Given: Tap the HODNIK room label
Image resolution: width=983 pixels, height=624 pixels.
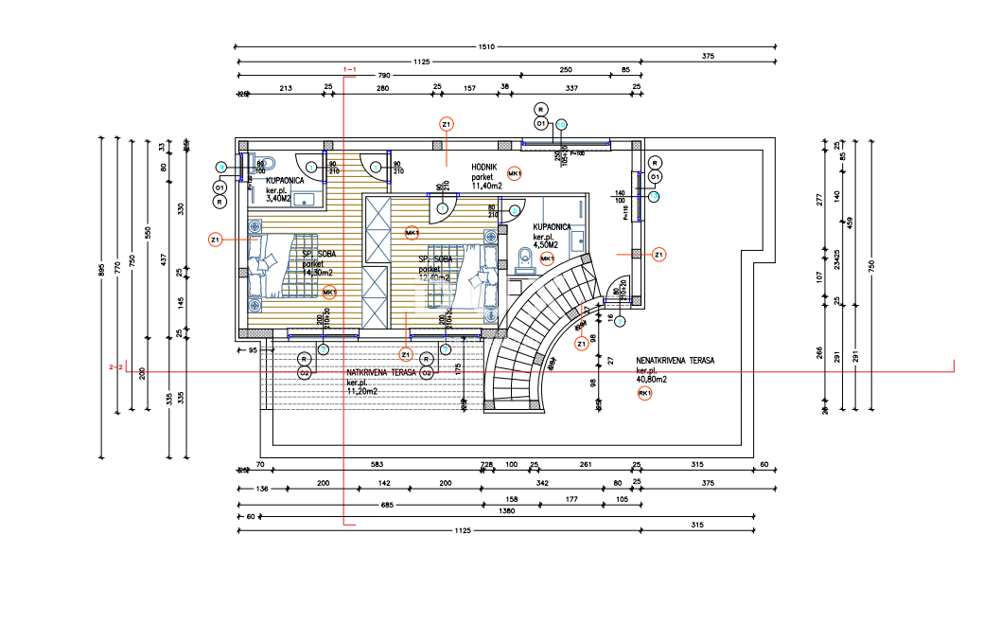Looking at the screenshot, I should [x=485, y=167].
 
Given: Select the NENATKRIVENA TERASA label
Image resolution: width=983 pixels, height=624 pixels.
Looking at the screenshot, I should [x=675, y=361].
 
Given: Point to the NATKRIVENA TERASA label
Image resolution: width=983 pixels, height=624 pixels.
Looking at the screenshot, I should [x=381, y=373].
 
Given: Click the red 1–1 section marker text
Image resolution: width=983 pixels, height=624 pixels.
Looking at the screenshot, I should [x=349, y=69].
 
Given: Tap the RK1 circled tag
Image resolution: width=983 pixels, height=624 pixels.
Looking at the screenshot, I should [x=645, y=393].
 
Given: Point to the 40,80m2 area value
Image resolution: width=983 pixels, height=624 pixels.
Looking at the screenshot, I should [x=652, y=379].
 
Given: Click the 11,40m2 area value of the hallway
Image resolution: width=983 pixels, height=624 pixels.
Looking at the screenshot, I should [x=486, y=186].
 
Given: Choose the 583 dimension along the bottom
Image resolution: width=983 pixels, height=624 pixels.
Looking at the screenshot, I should [x=377, y=465].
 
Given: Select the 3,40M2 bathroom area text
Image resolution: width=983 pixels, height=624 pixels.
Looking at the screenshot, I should [x=278, y=199].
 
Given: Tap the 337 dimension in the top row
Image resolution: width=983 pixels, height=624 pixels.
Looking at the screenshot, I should [x=571, y=88].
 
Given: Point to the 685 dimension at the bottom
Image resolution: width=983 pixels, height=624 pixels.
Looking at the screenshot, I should [x=360, y=503].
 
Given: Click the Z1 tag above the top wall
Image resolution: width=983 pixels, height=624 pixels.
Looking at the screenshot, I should [x=447, y=124].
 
